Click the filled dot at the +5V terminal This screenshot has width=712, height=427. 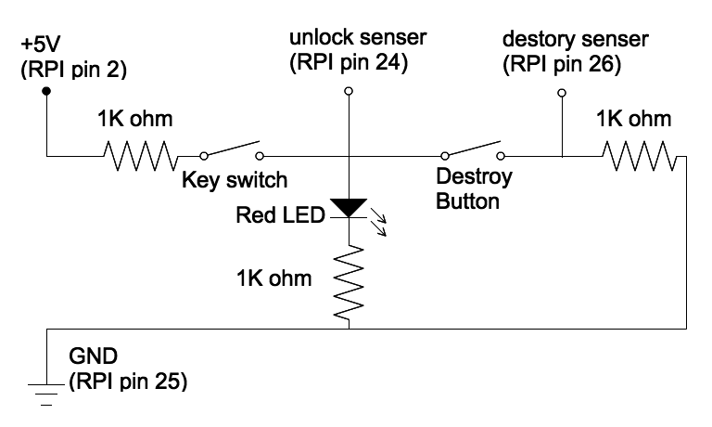pyautogui.click(x=46, y=91)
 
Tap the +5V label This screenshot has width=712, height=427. pyautogui.click(x=41, y=45)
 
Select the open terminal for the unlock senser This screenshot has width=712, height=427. pyautogui.click(x=349, y=91)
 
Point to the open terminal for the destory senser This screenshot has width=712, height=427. pyautogui.click(x=562, y=93)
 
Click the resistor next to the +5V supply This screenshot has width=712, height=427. pyautogui.click(x=141, y=156)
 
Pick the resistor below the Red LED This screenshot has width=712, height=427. pyautogui.click(x=349, y=282)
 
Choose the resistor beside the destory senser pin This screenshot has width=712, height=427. pyautogui.click(x=640, y=156)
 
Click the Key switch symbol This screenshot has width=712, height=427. pyautogui.click(x=232, y=150)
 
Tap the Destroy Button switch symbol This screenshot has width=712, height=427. pyautogui.click(x=473, y=150)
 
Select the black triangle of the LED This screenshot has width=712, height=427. pyautogui.click(x=349, y=208)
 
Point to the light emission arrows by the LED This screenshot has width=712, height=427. pyautogui.click(x=378, y=222)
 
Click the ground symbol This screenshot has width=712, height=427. pyautogui.click(x=46, y=394)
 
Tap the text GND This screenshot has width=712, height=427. pyautogui.click(x=93, y=356)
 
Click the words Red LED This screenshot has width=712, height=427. pyautogui.click(x=281, y=214)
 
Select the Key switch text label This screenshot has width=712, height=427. pyautogui.click(x=235, y=180)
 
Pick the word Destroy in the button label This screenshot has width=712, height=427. pyautogui.click(x=474, y=176)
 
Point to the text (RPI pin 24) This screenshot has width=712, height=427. pyautogui.click(x=349, y=63)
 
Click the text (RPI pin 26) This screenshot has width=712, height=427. pyautogui.click(x=562, y=64)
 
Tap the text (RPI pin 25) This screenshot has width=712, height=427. pyautogui.click(x=128, y=382)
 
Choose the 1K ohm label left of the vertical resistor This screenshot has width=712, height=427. pyautogui.click(x=274, y=278)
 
